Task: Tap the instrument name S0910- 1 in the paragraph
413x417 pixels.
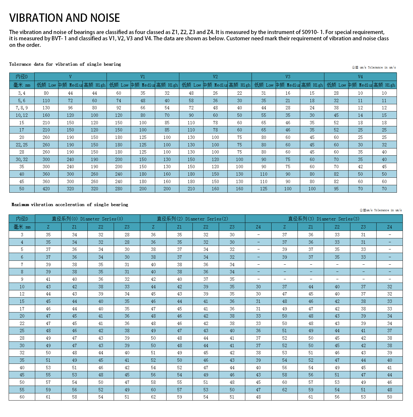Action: coord(313,32)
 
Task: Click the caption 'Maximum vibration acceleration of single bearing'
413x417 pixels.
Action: coord(70,205)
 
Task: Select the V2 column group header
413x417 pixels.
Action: coord(215,77)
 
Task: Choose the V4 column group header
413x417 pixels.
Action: coord(360,77)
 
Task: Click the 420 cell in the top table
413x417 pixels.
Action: coord(46,189)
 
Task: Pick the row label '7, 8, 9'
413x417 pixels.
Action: coord(22,108)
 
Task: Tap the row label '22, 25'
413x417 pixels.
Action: coord(22,145)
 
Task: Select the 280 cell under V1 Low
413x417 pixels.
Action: coord(119,189)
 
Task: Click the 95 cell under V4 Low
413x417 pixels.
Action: coord(336,189)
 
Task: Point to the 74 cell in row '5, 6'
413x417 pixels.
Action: coord(119,101)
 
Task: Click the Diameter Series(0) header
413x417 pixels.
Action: coord(87,219)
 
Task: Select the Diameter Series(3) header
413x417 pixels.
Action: coord(324,219)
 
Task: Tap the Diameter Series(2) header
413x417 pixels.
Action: coord(192,219)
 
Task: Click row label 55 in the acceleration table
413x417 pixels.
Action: coord(22,390)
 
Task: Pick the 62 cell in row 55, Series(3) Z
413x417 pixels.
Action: coord(285,390)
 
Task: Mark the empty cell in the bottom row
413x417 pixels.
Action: coord(285,397)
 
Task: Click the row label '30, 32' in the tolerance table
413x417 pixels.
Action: coord(22,160)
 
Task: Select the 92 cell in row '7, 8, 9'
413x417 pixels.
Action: coord(119,108)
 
